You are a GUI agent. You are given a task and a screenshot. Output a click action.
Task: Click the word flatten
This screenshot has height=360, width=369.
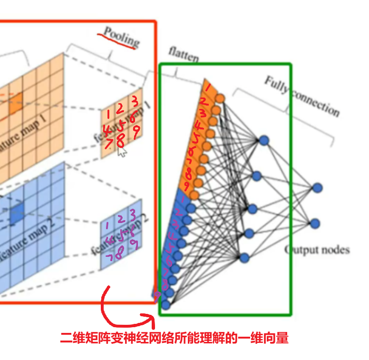click(x=183, y=55)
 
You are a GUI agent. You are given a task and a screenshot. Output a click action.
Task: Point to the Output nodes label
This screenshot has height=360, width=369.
click(x=317, y=249)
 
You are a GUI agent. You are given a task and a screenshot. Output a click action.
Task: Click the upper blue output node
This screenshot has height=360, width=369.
click(x=317, y=187)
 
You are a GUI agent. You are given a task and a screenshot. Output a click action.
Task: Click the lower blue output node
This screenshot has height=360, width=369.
click(x=314, y=223)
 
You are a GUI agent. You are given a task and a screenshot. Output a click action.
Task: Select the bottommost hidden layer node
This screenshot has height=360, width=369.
click(x=244, y=258)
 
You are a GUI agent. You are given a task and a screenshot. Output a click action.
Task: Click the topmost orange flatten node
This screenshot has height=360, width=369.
click(x=220, y=98)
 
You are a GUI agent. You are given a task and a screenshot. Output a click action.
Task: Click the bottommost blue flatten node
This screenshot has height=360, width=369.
click(x=165, y=305)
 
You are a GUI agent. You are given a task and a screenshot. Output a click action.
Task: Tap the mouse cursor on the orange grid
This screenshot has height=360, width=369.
click(x=122, y=152)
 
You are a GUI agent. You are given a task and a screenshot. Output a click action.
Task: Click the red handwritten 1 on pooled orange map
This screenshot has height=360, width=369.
click(x=109, y=114)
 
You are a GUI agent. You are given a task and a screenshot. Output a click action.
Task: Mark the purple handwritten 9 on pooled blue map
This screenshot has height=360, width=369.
click(x=134, y=245)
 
